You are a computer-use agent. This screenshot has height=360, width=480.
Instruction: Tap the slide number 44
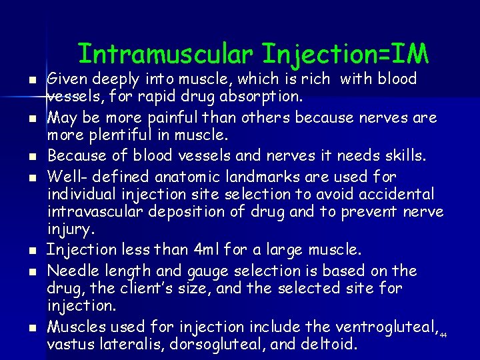[x=443, y=334]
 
